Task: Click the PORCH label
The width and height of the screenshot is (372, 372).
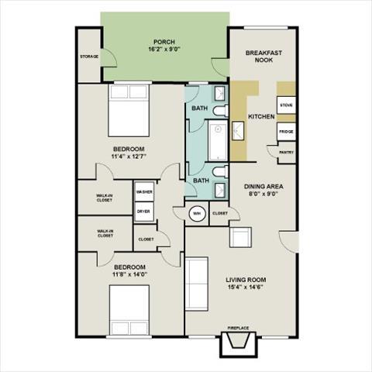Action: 164,42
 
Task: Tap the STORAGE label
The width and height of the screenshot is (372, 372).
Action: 90,57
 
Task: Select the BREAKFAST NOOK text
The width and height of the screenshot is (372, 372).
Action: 263,57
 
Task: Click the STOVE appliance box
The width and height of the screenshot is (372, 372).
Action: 285,103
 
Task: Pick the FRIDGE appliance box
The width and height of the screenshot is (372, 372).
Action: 285,132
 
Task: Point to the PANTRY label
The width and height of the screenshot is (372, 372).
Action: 284,153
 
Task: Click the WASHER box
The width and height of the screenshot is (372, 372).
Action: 143,191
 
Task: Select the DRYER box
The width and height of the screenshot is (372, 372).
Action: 143,210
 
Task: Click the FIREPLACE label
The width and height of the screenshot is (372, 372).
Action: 238,328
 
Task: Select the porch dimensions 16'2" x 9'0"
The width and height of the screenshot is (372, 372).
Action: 164,50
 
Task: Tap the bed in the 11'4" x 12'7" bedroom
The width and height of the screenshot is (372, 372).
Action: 128,108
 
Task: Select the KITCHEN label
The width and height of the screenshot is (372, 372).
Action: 261,116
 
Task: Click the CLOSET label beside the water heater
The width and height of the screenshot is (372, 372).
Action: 219,212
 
